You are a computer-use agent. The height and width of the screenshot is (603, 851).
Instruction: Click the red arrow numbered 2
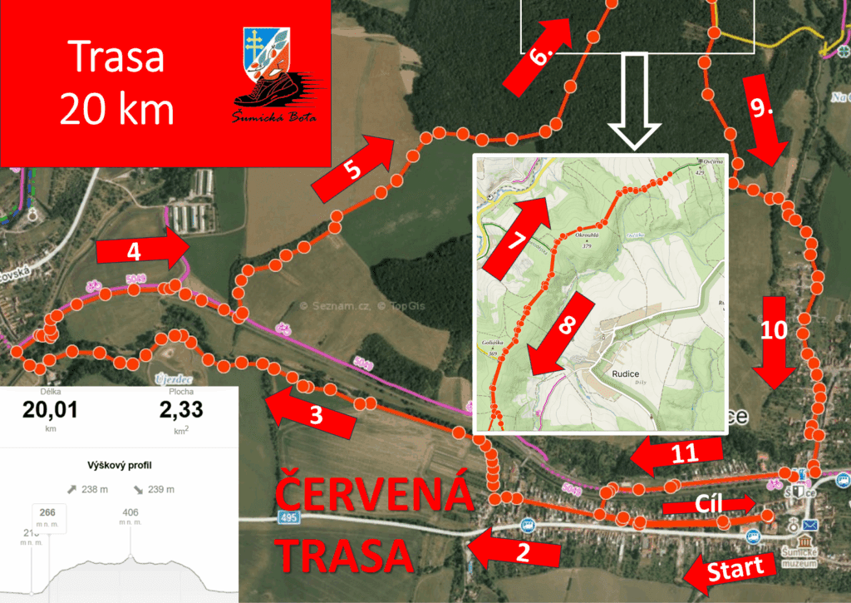point(512,548)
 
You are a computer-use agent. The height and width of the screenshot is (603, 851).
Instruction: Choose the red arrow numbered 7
point(519,236)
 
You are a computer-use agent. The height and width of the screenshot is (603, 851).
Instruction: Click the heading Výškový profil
point(119,465)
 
